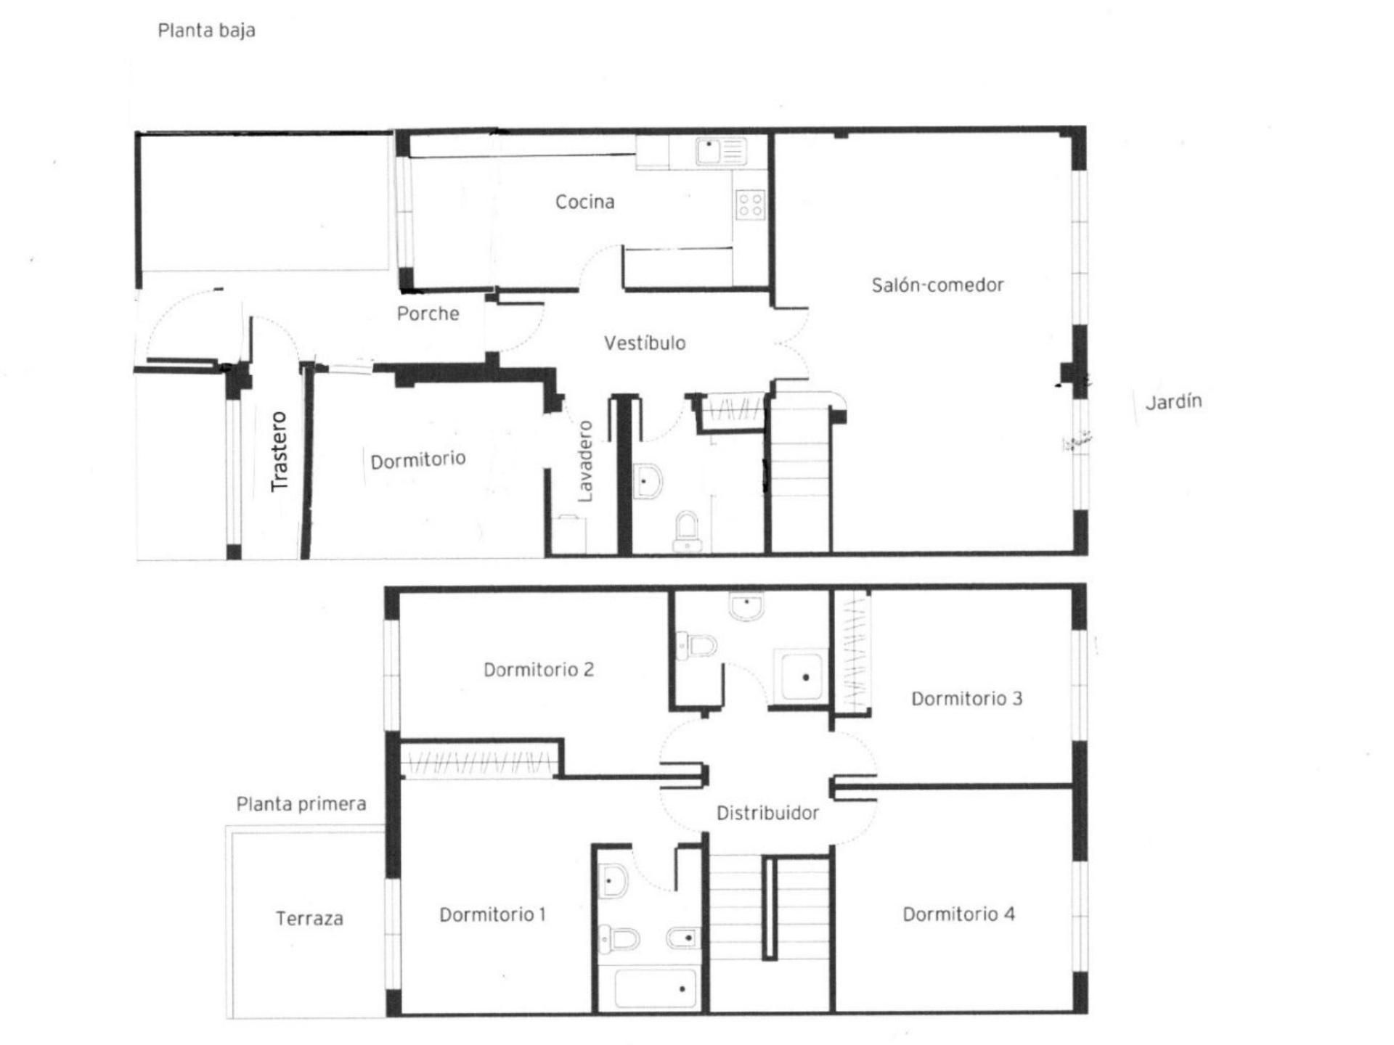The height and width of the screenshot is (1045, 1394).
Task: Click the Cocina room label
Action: [x=584, y=202]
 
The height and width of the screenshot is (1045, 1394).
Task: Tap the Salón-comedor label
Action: [x=937, y=284]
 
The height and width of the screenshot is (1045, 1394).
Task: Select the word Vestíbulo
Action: [x=645, y=343]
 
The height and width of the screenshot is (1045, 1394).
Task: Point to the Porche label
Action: [x=428, y=313]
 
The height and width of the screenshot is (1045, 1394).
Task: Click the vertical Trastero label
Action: [x=279, y=451]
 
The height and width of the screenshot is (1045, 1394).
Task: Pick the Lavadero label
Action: [x=585, y=462]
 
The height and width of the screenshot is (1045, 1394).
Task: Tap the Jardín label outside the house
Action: [x=1173, y=401]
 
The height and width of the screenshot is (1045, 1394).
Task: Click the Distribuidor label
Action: [x=767, y=813]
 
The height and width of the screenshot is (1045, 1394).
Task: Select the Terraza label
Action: [x=309, y=919]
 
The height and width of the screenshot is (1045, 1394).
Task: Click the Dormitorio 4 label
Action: [x=958, y=914]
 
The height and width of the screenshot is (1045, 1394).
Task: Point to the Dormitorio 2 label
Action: [x=539, y=669]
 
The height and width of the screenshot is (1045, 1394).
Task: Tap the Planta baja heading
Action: [x=206, y=30]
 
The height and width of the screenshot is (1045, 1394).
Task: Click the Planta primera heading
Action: [x=301, y=804]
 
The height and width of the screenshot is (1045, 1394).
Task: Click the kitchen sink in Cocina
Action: [x=720, y=152]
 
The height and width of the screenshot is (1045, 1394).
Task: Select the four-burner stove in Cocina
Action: [x=750, y=204]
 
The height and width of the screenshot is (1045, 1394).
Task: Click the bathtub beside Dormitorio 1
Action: [x=656, y=988]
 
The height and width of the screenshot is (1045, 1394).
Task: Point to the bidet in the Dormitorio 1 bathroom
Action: [x=682, y=938]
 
